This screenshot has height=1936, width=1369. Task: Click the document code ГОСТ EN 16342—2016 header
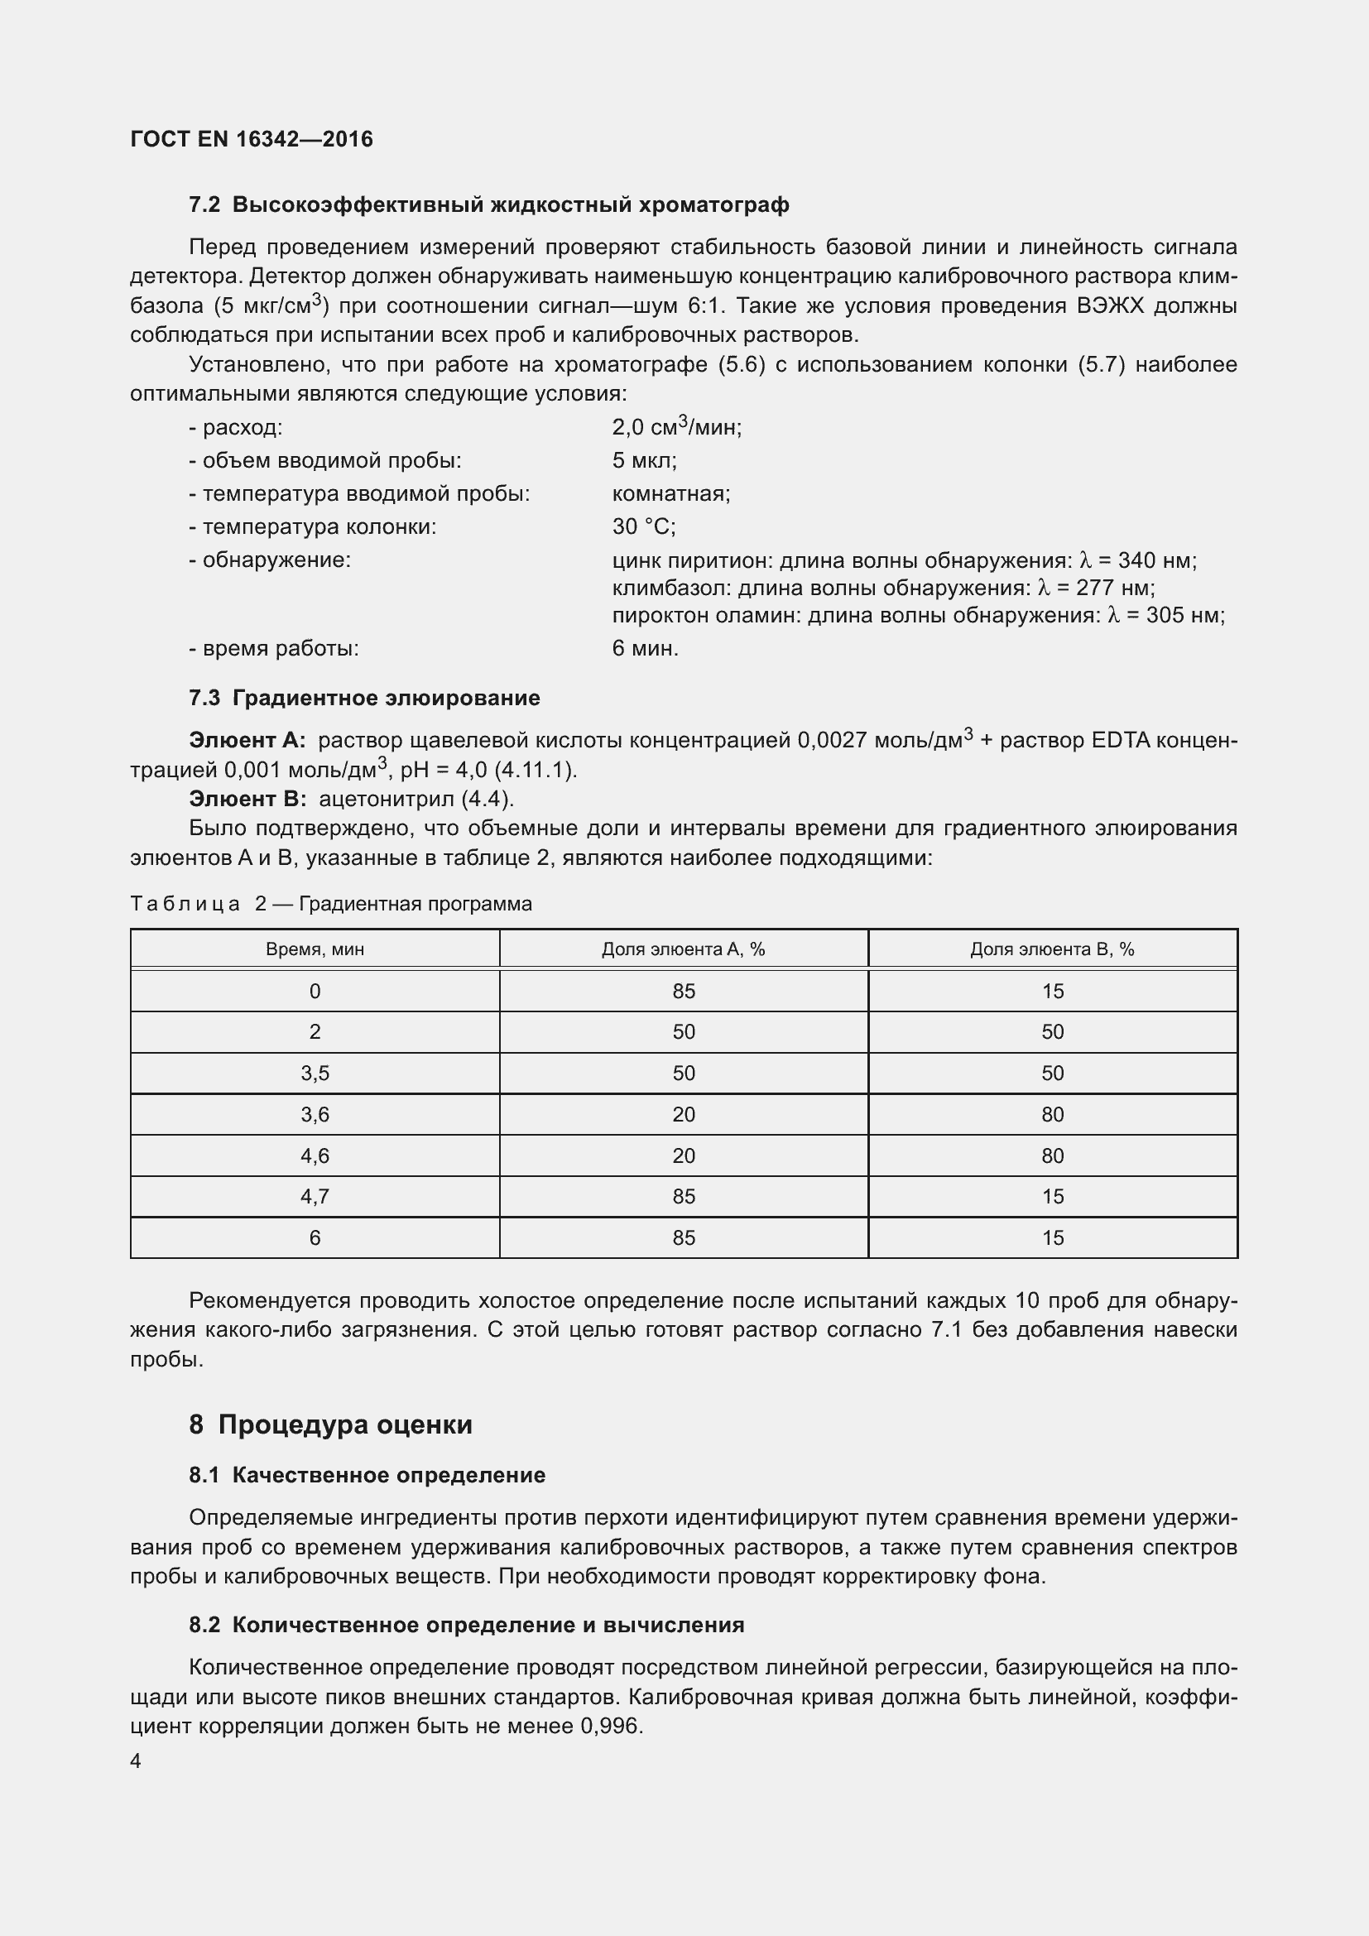pyautogui.click(x=252, y=139)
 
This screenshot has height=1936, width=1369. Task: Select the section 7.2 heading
pyautogui.click(x=489, y=205)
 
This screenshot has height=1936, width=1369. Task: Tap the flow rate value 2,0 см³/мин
pyautogui.click(x=676, y=427)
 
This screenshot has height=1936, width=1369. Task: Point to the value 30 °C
pyautogui.click(x=644, y=527)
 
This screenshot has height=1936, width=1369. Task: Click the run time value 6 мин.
pyautogui.click(x=645, y=648)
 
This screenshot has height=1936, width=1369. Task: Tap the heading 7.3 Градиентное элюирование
pyautogui.click(x=364, y=699)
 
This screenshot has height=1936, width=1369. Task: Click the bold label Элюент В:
pyautogui.click(x=247, y=799)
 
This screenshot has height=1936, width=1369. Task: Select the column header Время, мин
pyautogui.click(x=315, y=949)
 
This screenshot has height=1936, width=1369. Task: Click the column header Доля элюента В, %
pyautogui.click(x=1051, y=949)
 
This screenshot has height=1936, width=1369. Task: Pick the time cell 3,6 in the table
pyautogui.click(x=315, y=1115)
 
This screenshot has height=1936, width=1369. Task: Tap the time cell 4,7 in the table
pyautogui.click(x=315, y=1197)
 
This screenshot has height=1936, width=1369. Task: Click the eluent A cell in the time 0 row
pyautogui.click(x=684, y=992)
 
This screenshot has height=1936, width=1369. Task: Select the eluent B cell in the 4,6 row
pyautogui.click(x=1052, y=1156)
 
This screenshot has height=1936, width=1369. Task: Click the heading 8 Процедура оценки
pyautogui.click(x=330, y=1425)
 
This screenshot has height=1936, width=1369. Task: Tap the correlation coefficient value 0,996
pyautogui.click(x=610, y=1727)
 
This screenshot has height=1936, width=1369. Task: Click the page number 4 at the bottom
pyautogui.click(x=136, y=1761)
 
